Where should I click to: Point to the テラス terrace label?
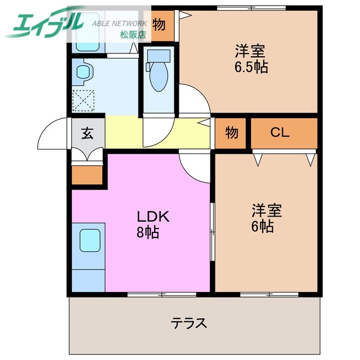coord(190,323)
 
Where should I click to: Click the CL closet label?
coord(280,133)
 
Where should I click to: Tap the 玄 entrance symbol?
coord(88,133)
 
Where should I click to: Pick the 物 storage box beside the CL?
coord(232,133)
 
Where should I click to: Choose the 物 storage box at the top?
coord(159,25)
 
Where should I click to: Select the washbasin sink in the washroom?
coord(84,71)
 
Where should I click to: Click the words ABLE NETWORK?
coord(119,24)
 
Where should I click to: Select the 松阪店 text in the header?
coord(133,34)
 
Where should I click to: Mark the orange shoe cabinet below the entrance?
coord(87,175)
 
